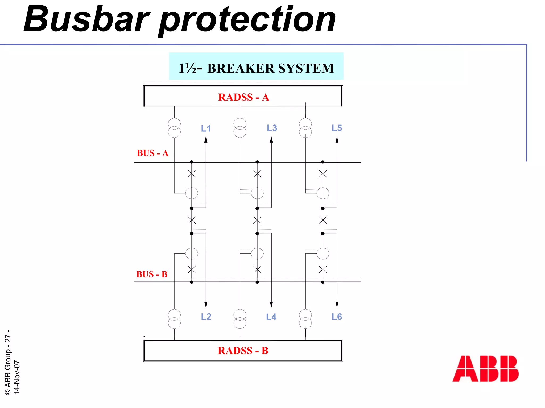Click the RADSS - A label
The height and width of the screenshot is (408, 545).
[x=243, y=97]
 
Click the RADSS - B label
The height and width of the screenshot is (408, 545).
[x=243, y=351]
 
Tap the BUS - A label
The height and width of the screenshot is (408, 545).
[x=152, y=153]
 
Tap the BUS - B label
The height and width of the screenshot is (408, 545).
[x=152, y=274]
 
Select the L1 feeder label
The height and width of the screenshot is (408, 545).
[x=206, y=128]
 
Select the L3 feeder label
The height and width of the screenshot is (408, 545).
[x=272, y=128]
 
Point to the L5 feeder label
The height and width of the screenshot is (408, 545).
[x=337, y=128]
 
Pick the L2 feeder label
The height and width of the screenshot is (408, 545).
[x=206, y=317]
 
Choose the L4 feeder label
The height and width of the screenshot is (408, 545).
[x=271, y=317]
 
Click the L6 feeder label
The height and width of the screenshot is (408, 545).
[x=337, y=317]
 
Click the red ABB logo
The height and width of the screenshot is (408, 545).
[x=485, y=368]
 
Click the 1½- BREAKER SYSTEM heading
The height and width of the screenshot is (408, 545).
[x=256, y=68]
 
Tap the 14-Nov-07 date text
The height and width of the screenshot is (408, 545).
[x=17, y=377]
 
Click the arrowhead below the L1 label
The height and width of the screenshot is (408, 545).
[x=206, y=140]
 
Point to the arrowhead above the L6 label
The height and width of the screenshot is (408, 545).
[x=337, y=304]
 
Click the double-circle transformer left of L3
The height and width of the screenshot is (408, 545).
[x=240, y=128]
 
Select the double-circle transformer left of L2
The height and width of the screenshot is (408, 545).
[x=174, y=319]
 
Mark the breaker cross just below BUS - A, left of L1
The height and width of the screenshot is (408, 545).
[x=192, y=174]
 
